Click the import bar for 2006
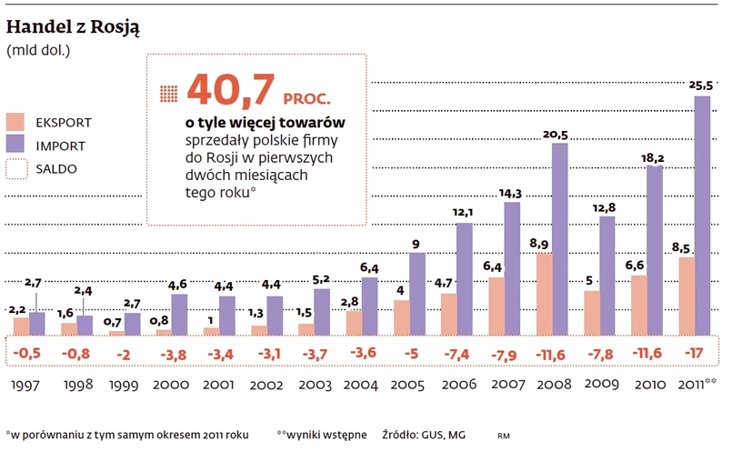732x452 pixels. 465,278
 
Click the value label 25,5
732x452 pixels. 700,85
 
